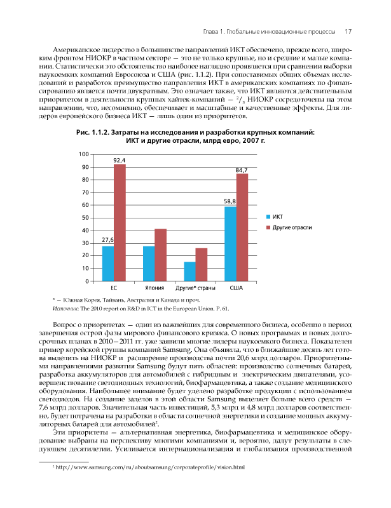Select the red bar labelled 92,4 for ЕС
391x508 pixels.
click(x=119, y=222)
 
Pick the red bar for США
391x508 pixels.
click(x=242, y=227)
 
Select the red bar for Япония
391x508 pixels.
click(x=160, y=255)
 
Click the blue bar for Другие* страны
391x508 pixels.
click(x=189, y=271)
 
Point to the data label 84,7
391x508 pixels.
click(x=242, y=170)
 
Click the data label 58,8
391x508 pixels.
click(x=230, y=201)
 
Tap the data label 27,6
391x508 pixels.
click(x=107, y=241)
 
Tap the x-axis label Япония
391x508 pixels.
click(x=154, y=288)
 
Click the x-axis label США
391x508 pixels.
click(x=236, y=288)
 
